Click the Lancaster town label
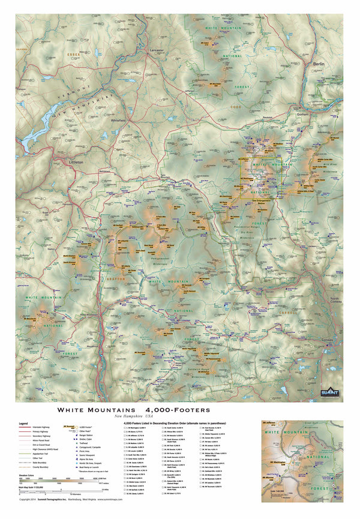157,50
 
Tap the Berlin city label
318,63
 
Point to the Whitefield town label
118,121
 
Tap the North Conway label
335,300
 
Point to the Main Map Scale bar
54,493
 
